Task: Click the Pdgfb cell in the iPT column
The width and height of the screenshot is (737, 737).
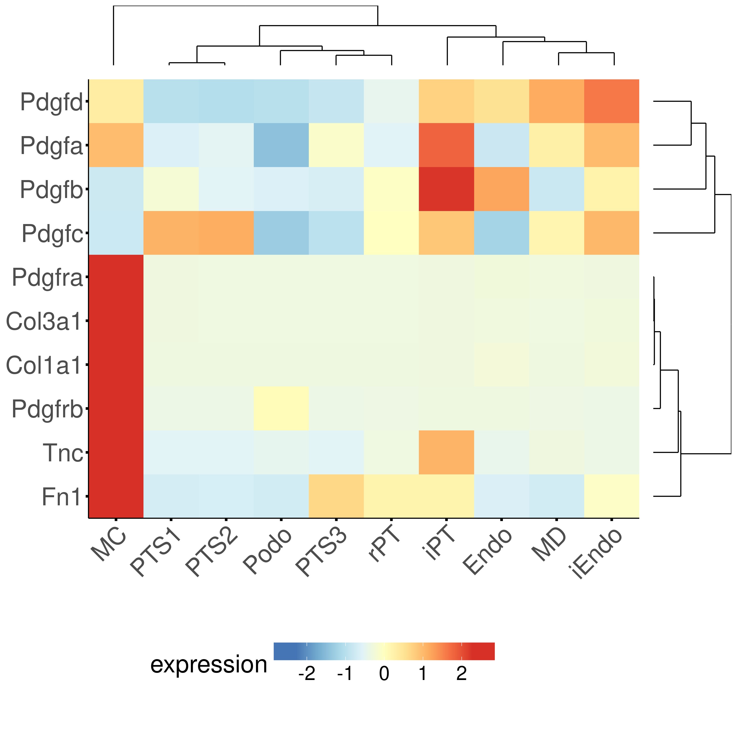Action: (x=446, y=189)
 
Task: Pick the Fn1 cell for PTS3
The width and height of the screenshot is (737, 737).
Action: (x=336, y=496)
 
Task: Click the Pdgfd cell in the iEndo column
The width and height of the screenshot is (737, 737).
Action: (x=611, y=101)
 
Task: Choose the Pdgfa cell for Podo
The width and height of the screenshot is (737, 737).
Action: (x=281, y=145)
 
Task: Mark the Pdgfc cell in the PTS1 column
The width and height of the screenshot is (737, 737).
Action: (x=171, y=233)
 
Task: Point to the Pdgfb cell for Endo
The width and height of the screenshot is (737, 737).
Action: (x=501, y=189)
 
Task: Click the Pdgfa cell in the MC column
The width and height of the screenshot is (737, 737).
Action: (x=116, y=145)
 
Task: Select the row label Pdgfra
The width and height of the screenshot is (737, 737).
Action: (x=47, y=277)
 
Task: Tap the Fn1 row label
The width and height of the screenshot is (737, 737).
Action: (x=61, y=497)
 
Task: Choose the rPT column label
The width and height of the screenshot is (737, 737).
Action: (x=384, y=545)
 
